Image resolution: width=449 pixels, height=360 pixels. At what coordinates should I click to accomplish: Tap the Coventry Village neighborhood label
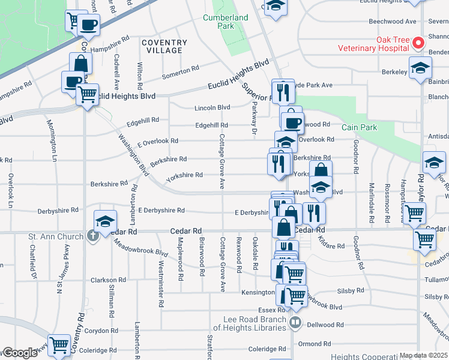[x=164, y=46]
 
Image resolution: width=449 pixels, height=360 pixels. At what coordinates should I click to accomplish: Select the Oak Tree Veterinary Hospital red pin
[x=419, y=43]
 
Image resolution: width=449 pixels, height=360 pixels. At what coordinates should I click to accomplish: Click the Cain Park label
[x=358, y=127]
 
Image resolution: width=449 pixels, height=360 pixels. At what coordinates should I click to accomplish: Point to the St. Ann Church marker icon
[x=92, y=236]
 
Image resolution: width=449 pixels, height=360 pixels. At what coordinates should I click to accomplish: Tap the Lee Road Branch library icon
[x=295, y=323]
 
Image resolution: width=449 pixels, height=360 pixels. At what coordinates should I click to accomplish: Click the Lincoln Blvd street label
[x=212, y=108]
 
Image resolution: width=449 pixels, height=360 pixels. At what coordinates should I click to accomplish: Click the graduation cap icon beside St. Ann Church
[x=104, y=221]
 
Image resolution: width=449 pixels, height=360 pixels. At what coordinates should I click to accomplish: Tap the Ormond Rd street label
[x=315, y=344]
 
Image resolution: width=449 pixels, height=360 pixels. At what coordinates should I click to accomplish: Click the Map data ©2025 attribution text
[x=423, y=356]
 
